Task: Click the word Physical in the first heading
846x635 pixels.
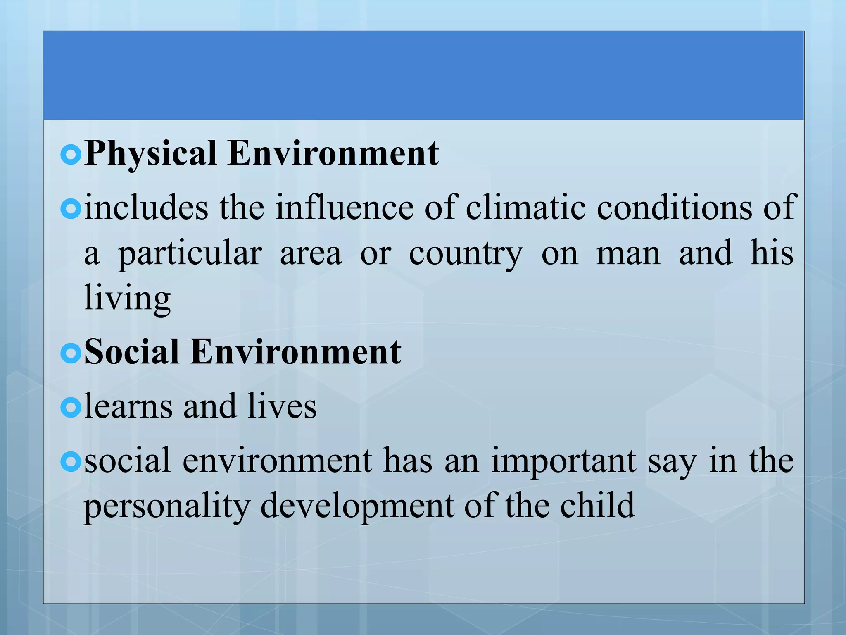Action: pos(150,154)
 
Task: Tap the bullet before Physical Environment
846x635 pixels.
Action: pos(71,155)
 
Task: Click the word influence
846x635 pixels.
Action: pos(345,207)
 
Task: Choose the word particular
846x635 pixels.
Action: pos(190,254)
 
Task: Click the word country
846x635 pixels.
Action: pos(466,254)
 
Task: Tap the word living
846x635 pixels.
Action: pos(127,298)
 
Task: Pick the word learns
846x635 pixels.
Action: pos(128,406)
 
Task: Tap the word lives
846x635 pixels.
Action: pos(282,406)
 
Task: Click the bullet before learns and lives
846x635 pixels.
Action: pos(71,408)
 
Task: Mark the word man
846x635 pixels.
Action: pos(628,254)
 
